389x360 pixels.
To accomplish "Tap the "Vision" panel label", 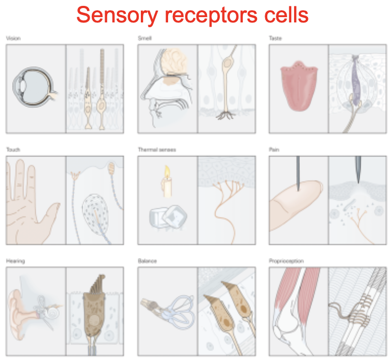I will [13, 38].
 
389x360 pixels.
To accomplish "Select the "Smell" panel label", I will [145, 38].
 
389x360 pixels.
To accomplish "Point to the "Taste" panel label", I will [276, 38].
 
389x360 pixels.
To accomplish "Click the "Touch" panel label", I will [13, 150].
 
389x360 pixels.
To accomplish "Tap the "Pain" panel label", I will [274, 150].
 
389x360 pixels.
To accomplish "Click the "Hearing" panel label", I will [15, 261].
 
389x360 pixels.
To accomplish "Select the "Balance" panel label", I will [147, 261].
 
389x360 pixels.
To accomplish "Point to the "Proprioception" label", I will [287, 261].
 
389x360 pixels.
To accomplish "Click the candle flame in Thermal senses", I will [167, 173].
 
